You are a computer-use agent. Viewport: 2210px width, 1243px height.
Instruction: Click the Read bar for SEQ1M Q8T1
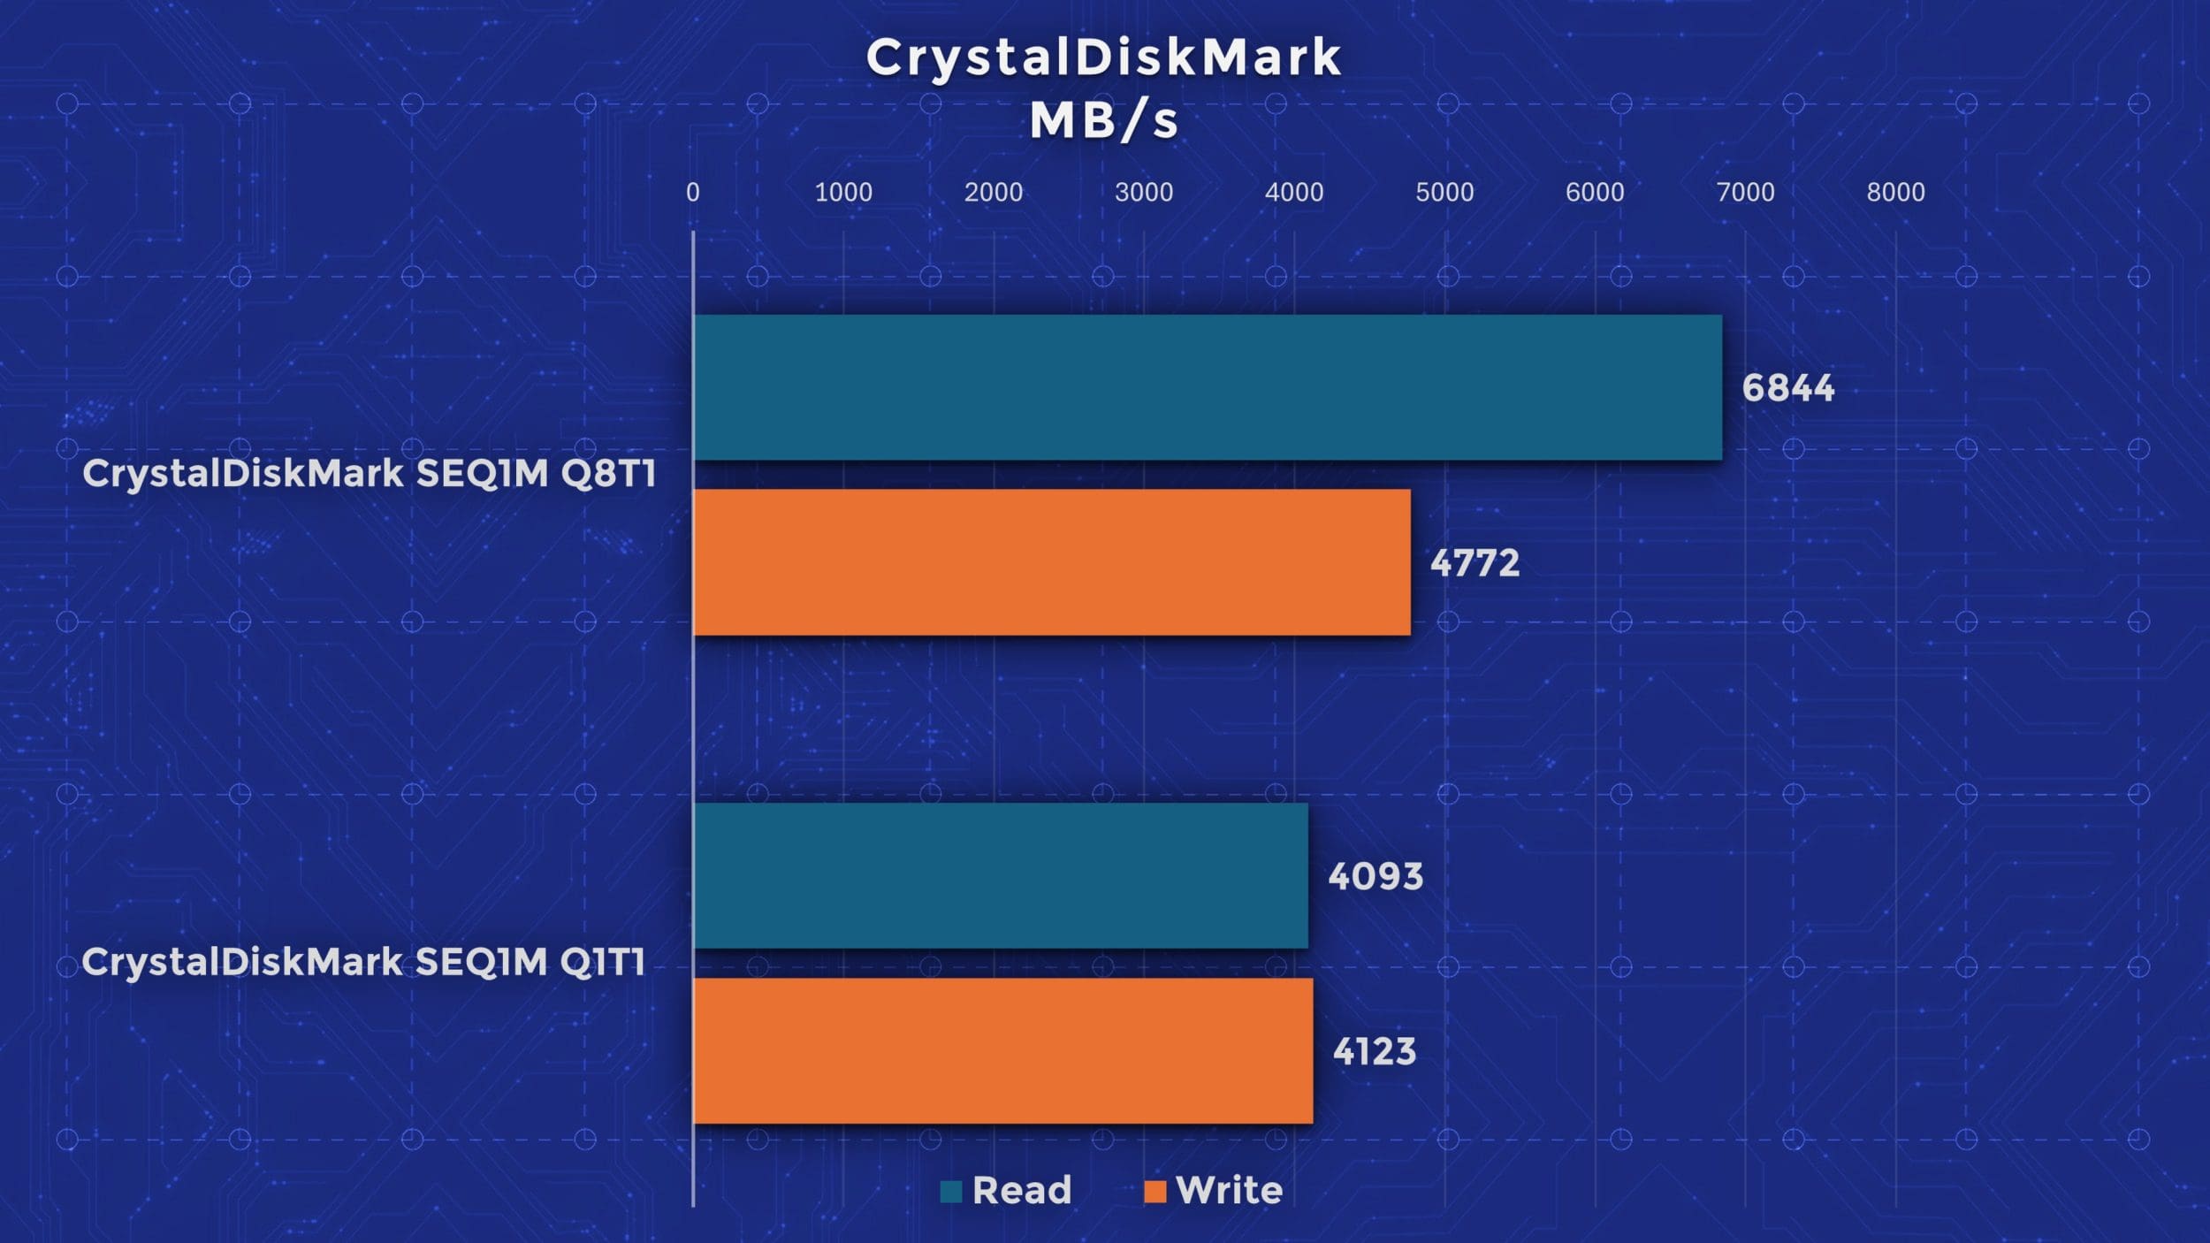click(x=1208, y=387)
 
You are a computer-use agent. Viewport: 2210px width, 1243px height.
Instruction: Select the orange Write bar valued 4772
click(x=1052, y=562)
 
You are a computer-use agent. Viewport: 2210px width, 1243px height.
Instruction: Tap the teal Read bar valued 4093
click(x=1001, y=875)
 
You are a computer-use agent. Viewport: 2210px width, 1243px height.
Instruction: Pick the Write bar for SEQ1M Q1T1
click(x=1003, y=1050)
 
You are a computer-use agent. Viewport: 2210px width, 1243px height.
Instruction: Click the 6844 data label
click(x=1787, y=388)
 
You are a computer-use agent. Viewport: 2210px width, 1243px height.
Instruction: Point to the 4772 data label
click(x=1475, y=563)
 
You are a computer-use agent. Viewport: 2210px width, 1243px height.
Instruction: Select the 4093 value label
click(x=1376, y=876)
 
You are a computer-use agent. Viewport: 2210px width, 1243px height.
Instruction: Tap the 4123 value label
click(x=1375, y=1051)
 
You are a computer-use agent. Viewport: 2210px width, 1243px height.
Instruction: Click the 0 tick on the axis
click(x=693, y=192)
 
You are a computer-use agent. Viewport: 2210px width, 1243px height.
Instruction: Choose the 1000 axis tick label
click(x=843, y=192)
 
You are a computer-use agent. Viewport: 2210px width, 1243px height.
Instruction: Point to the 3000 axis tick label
click(x=1144, y=192)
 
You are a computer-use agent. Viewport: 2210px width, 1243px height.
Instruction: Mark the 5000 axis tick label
click(x=1444, y=192)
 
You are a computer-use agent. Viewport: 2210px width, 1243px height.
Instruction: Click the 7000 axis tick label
click(x=1745, y=192)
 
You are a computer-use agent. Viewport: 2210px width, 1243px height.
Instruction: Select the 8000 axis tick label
click(x=1895, y=192)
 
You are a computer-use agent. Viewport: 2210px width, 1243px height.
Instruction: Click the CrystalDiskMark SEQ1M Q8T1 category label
click(x=370, y=474)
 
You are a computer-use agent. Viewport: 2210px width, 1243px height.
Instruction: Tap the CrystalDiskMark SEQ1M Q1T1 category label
click(x=364, y=962)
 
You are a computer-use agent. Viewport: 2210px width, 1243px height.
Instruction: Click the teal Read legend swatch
click(x=951, y=1192)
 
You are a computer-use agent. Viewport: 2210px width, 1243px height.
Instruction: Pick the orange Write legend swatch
click(x=1155, y=1192)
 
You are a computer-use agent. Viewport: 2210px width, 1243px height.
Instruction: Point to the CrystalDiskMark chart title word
click(x=1104, y=57)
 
